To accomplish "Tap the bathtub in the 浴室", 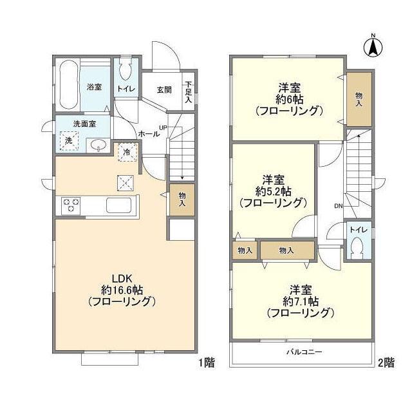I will (67, 86).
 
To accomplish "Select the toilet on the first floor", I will (125, 69).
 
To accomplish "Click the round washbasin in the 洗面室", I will (98, 144).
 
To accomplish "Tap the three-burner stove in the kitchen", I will (71, 205).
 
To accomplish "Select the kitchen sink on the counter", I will (119, 205).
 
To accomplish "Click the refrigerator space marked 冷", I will (127, 153).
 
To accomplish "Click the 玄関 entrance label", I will (164, 90).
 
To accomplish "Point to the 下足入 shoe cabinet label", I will (189, 93).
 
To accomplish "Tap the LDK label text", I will (122, 278).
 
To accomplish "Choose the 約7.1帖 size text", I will (301, 301).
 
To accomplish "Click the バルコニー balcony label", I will (304, 352).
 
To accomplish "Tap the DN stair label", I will (339, 206).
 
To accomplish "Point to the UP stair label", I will (163, 127).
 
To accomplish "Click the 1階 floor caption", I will (205, 363).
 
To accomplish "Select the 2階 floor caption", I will (386, 363).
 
